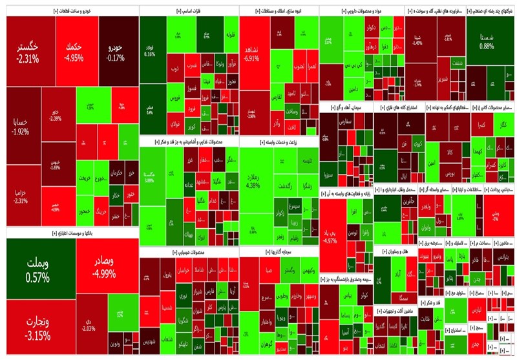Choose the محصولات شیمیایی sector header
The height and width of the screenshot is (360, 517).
click(x=188, y=251)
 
